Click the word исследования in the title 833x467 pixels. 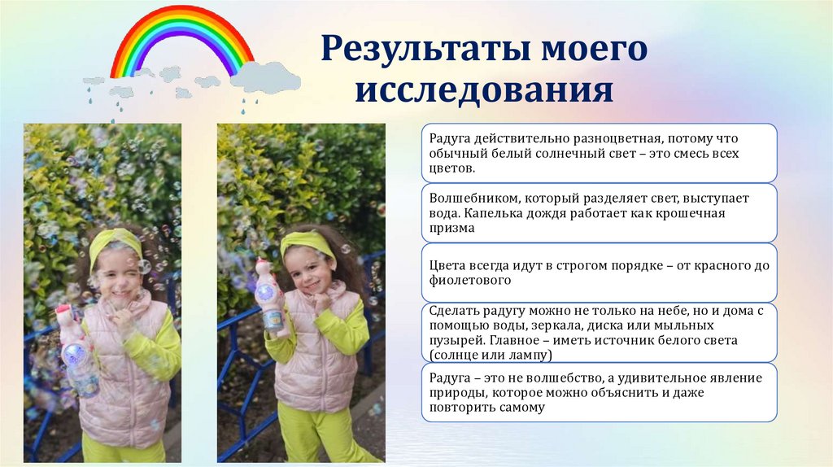click(483, 90)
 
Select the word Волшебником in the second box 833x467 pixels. click(473, 198)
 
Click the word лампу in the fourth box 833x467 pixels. click(533, 356)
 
